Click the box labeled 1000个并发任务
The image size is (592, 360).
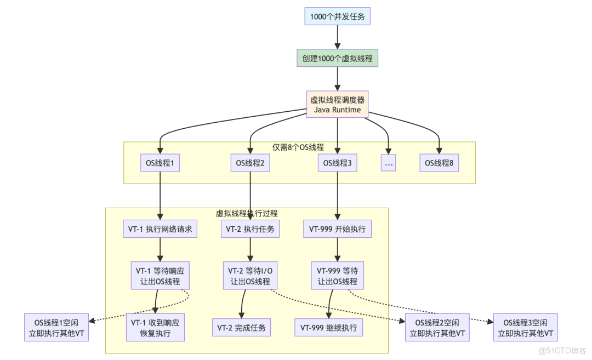(x=337, y=16)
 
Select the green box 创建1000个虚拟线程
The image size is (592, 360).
(x=337, y=58)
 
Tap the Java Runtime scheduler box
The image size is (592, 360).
(x=337, y=105)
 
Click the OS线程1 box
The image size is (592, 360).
(x=160, y=163)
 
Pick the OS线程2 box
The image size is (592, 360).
(x=250, y=163)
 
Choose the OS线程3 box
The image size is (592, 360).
(x=337, y=163)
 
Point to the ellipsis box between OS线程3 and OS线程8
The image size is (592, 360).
(x=388, y=163)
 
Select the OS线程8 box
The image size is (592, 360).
(x=440, y=163)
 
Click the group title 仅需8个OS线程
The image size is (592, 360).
(x=298, y=147)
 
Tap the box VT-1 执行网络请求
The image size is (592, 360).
(x=160, y=230)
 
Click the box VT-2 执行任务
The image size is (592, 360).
(x=251, y=230)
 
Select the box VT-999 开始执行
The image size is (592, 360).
(x=337, y=230)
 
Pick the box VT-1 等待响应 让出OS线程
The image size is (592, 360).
(x=160, y=276)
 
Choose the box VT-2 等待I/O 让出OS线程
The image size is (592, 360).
(x=250, y=276)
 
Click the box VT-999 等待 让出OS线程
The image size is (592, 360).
(x=337, y=276)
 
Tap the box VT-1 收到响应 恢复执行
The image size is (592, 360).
(x=155, y=328)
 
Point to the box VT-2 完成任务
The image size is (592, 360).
(x=241, y=328)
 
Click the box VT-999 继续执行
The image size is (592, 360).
(x=329, y=328)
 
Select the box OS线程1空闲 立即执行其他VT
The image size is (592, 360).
(x=56, y=328)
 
